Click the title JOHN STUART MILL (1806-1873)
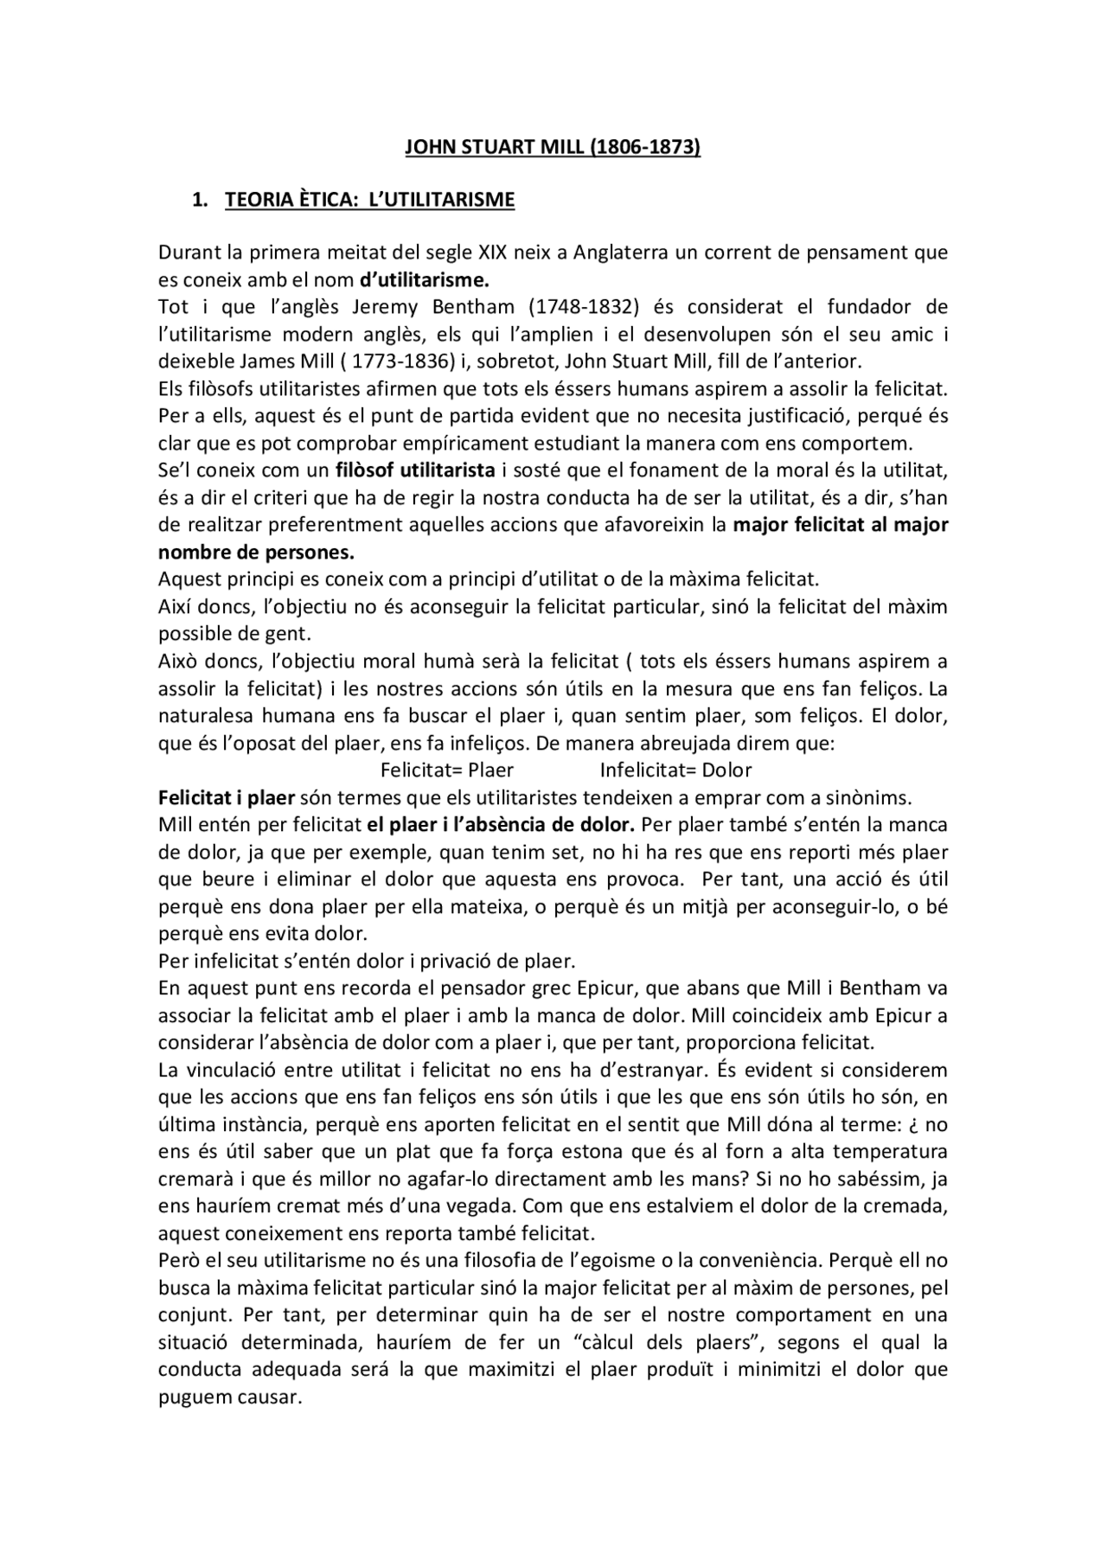point(553,147)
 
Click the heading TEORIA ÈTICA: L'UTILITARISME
point(369,200)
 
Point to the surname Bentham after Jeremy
point(480,307)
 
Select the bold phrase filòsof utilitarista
point(415,470)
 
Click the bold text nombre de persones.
point(256,552)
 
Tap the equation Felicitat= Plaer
point(447,770)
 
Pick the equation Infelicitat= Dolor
point(675,770)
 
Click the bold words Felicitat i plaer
point(227,797)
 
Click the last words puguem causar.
point(229,1397)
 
